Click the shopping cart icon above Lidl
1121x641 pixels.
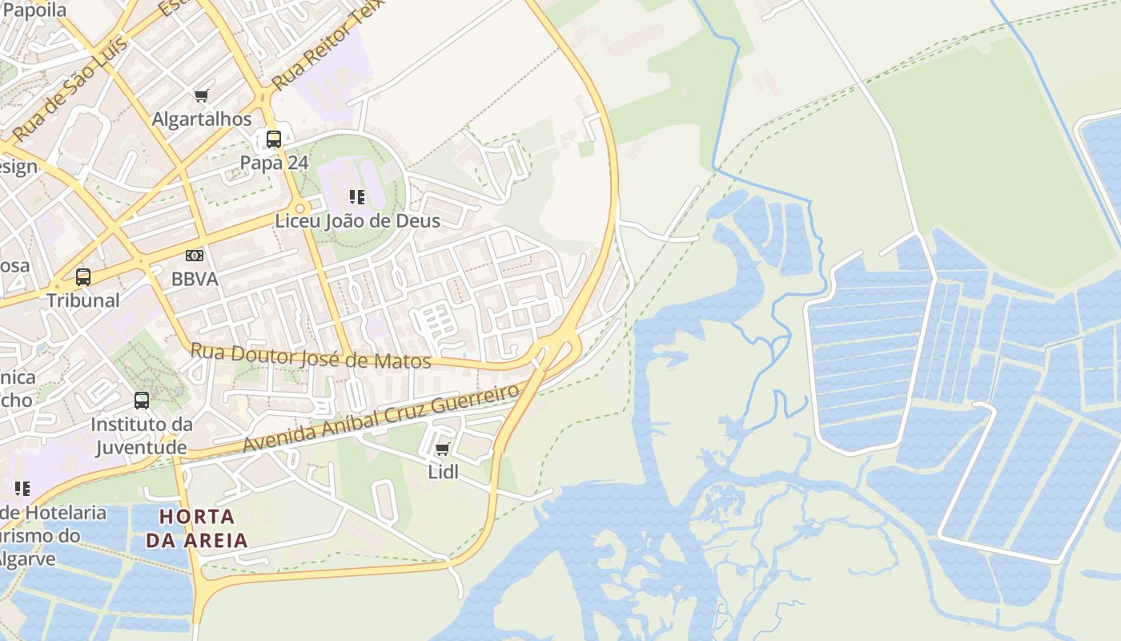(443, 450)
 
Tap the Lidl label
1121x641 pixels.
(444, 472)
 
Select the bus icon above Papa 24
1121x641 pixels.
(274, 139)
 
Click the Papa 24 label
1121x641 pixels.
(274, 163)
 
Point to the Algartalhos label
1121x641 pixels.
(202, 119)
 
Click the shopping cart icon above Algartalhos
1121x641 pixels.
(202, 96)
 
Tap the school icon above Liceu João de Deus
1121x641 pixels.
(357, 197)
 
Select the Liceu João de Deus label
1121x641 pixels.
(357, 220)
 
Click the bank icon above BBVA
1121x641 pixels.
(194, 256)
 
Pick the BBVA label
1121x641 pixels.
(194, 279)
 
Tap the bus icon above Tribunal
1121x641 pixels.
(83, 277)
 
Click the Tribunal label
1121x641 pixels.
(83, 300)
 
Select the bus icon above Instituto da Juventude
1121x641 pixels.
(142, 400)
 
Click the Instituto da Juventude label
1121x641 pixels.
(142, 435)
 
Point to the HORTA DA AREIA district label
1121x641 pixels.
(197, 527)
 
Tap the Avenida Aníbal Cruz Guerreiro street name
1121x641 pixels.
(381, 418)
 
